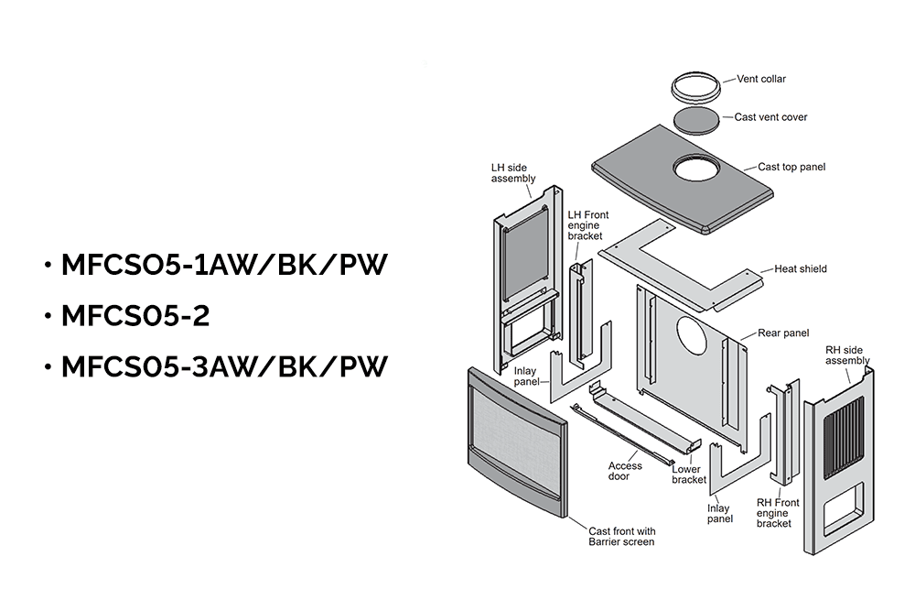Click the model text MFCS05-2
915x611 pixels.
click(135, 316)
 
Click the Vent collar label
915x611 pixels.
click(761, 79)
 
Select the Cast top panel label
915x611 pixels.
click(791, 168)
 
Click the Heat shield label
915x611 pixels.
click(800, 269)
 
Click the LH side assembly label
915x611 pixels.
click(512, 173)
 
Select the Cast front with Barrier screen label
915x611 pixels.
click(621, 537)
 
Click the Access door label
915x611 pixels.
click(625, 471)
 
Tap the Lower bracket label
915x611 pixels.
click(688, 475)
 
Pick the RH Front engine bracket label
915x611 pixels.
click(778, 513)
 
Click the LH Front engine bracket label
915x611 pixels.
click(586, 225)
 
